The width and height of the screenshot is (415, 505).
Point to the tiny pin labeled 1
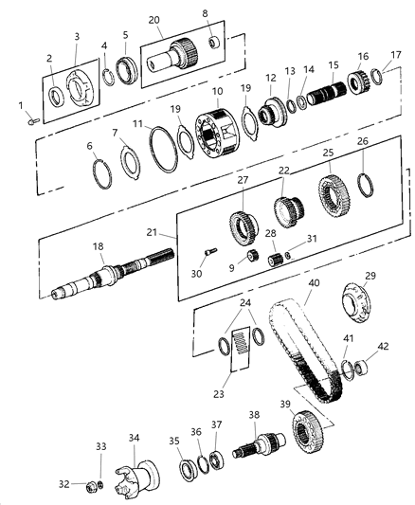point(32,119)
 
